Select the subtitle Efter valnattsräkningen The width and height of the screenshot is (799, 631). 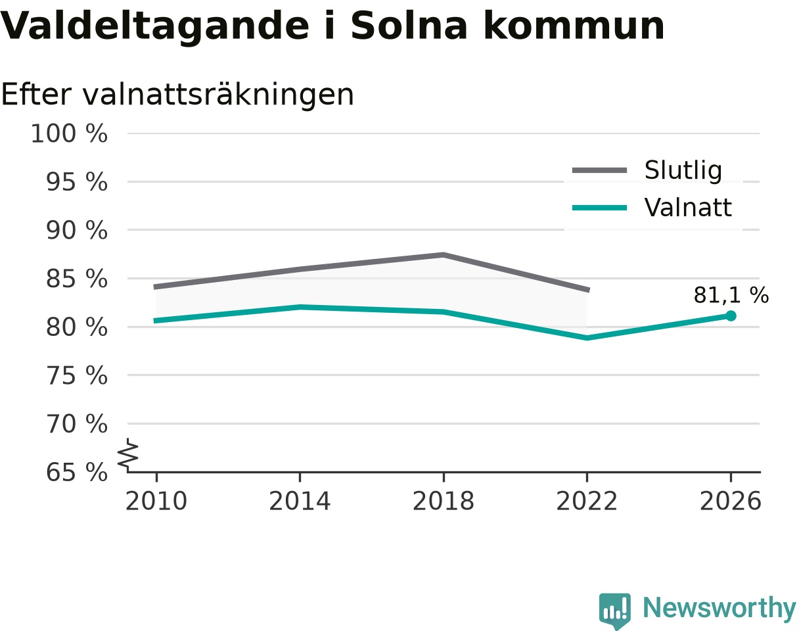click(177, 95)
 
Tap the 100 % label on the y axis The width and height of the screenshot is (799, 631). click(69, 133)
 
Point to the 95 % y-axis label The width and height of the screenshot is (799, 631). click(77, 182)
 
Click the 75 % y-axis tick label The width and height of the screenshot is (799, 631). click(77, 376)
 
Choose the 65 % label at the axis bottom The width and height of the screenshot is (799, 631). click(77, 473)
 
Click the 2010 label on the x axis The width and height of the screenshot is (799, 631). click(156, 502)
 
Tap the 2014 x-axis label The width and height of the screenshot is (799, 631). click(300, 502)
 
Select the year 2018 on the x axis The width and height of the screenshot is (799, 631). click(444, 502)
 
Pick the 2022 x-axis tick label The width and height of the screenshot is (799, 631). click(587, 502)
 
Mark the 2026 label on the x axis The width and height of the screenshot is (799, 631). click(730, 502)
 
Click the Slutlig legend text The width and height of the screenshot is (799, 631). click(683, 171)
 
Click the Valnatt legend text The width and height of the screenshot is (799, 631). click(688, 208)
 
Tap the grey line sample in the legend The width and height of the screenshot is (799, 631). click(599, 170)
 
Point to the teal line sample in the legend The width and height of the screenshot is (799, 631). click(599, 208)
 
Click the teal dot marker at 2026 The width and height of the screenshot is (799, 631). click(731, 316)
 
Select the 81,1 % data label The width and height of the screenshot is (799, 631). click(731, 296)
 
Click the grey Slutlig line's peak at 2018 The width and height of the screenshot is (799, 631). click(444, 255)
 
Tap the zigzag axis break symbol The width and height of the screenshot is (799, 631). click(128, 452)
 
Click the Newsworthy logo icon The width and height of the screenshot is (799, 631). click(614, 609)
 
